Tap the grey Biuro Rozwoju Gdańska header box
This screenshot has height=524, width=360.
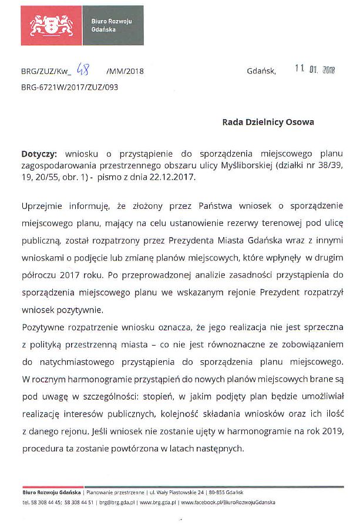tap(113, 25)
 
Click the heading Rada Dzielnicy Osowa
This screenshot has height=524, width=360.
tap(268, 122)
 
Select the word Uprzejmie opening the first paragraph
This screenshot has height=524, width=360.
tap(42, 207)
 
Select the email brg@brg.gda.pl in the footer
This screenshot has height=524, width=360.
tap(117, 503)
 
